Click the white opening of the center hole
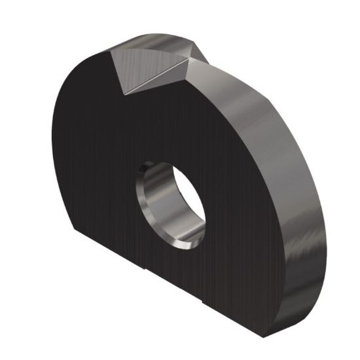point(185,197)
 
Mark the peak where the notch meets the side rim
point(208,63)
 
